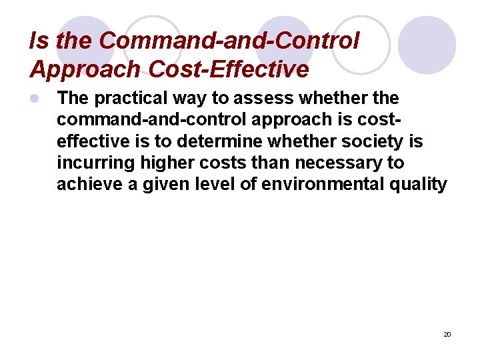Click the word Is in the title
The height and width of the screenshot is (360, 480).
[39, 41]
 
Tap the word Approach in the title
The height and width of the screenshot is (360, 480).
[86, 70]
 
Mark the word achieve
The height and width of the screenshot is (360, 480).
[85, 184]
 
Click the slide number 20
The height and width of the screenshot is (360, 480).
[447, 334]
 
